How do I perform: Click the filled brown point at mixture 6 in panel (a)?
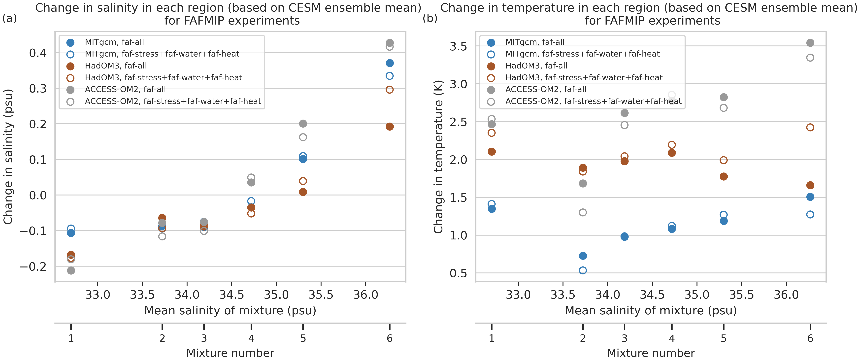pyautogui.click(x=390, y=127)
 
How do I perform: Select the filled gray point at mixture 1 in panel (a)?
pyautogui.click(x=71, y=270)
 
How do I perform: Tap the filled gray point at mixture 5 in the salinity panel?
pyautogui.click(x=303, y=124)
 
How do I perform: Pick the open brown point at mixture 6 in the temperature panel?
pyautogui.click(x=810, y=127)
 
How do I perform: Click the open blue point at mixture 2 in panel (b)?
pyautogui.click(x=583, y=270)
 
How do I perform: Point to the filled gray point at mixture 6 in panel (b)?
pyautogui.click(x=810, y=43)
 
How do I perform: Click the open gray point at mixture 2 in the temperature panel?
pyautogui.click(x=583, y=212)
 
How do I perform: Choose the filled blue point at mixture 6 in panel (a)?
pyautogui.click(x=390, y=63)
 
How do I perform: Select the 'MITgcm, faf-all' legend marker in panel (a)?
pyautogui.click(x=70, y=42)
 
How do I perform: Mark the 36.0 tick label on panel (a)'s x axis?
pyautogui.click(x=365, y=295)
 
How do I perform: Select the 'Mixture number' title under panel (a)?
pyautogui.click(x=230, y=353)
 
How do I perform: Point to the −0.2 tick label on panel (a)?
pyautogui.click(x=33, y=266)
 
